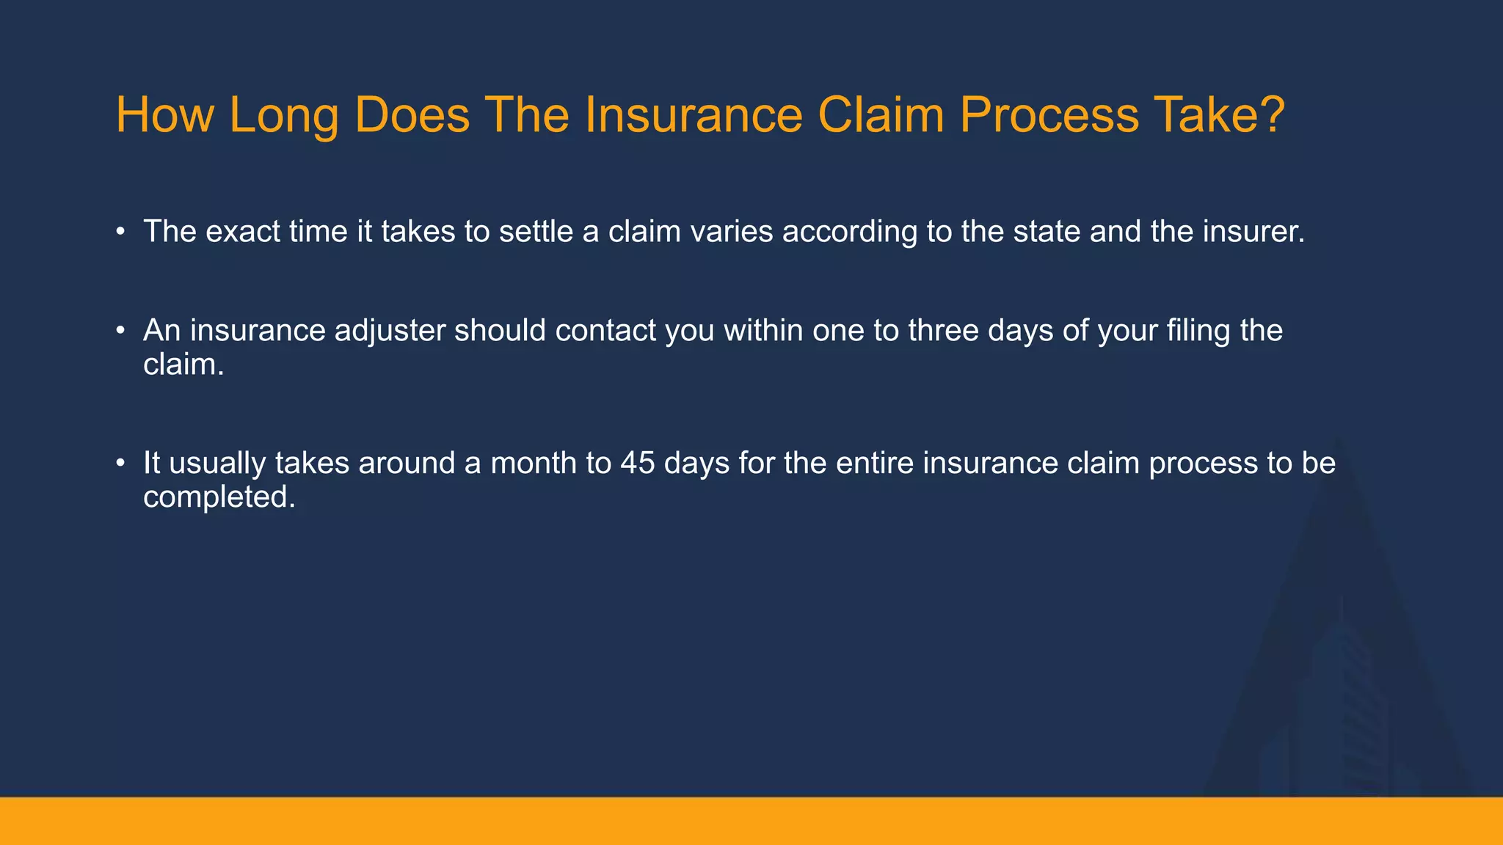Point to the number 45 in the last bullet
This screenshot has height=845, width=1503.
(x=637, y=464)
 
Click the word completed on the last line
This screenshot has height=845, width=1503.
(x=218, y=498)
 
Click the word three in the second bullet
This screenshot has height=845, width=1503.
(x=943, y=331)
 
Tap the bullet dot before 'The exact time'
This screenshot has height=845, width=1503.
(x=120, y=233)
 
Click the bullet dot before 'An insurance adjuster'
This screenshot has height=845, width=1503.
(x=120, y=332)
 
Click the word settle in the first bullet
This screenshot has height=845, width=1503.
(x=536, y=232)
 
